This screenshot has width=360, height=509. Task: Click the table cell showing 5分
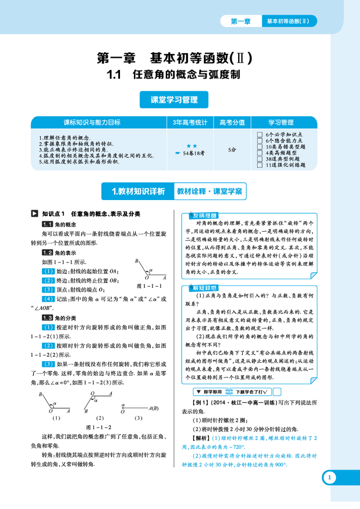[232, 150]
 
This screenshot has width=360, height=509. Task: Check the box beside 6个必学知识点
[260, 135]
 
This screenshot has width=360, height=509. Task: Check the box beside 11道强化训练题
[260, 165]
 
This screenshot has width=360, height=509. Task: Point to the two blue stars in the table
[192, 145]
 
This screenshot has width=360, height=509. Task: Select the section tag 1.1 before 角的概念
[48, 225]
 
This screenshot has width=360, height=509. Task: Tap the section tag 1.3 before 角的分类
[48, 318]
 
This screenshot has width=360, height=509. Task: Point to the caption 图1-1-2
[98, 426]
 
